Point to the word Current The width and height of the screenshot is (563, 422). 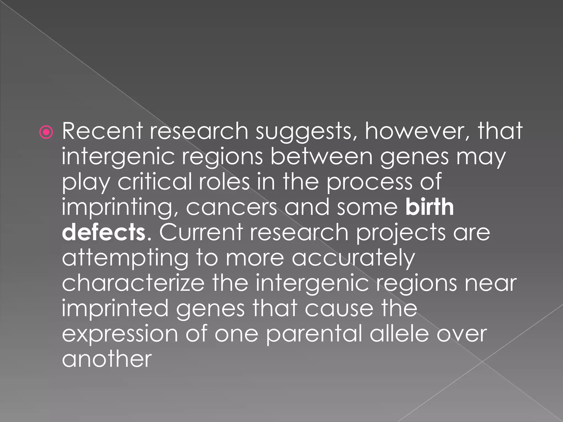(x=201, y=232)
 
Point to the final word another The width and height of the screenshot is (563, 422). (x=107, y=359)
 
